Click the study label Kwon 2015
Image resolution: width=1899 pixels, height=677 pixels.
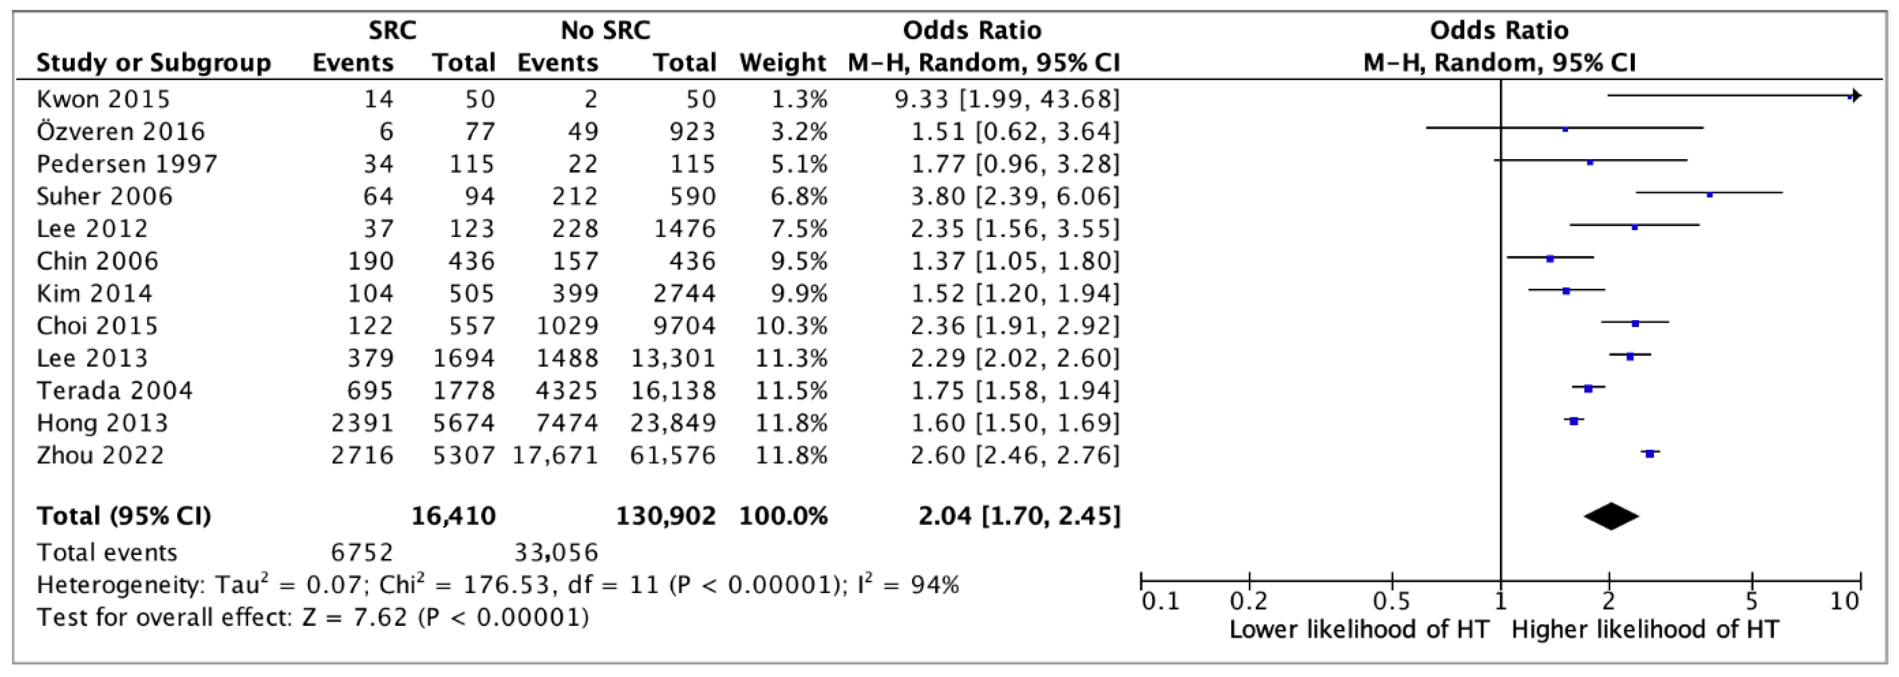click(x=103, y=99)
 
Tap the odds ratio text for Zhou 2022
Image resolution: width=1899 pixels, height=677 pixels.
click(x=1014, y=455)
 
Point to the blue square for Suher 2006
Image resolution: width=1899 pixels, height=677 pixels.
click(x=1709, y=195)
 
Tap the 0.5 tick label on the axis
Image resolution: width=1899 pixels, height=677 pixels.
click(x=1392, y=602)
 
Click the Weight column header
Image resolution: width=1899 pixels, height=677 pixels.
click(x=782, y=63)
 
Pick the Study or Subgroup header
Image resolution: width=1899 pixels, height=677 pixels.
click(x=154, y=63)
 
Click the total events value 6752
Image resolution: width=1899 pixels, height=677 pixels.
click(x=362, y=552)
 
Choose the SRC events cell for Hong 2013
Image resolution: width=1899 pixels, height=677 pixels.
click(x=362, y=423)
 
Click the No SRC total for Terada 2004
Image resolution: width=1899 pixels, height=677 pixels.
click(x=672, y=390)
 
